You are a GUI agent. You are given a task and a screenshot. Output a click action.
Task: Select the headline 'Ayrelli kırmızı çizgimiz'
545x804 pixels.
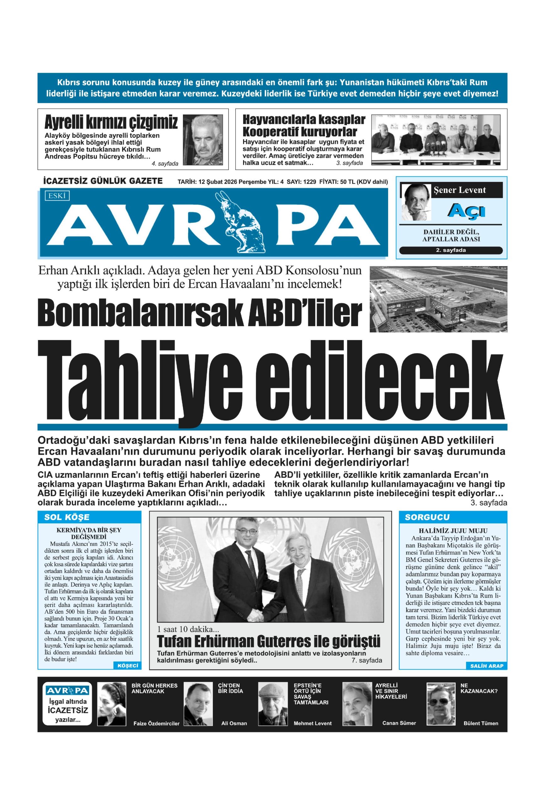click(111, 122)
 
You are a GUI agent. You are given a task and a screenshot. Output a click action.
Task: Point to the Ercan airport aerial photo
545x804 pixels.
click(438, 299)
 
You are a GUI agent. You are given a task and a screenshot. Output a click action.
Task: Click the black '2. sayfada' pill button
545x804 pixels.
click(451, 251)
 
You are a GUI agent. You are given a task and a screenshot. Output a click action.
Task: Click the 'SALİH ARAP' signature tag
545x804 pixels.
click(487, 665)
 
